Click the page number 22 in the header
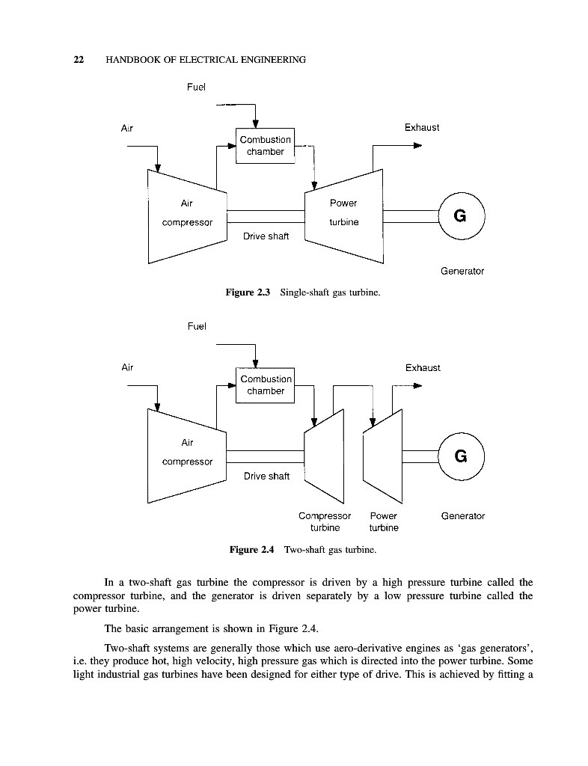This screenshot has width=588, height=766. point(78,60)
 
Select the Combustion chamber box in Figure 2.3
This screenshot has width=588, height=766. point(266,146)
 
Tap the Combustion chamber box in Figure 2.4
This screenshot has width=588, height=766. point(266,385)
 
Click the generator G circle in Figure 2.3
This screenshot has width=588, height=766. point(461,216)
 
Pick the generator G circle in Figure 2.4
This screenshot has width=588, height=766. point(461,456)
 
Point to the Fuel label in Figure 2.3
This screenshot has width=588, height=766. point(196,87)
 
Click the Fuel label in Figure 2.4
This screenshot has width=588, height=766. point(196,326)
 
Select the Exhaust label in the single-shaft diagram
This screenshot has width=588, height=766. point(422,128)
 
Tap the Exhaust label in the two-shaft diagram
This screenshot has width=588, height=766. point(423,367)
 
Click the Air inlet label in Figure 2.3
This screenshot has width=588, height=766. point(127,128)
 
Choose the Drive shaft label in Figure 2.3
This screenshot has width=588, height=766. point(266,236)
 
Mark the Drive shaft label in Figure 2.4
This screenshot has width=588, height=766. point(266,476)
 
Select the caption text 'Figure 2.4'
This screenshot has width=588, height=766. point(252,550)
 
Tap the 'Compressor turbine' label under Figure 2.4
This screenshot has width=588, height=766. point(325,521)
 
